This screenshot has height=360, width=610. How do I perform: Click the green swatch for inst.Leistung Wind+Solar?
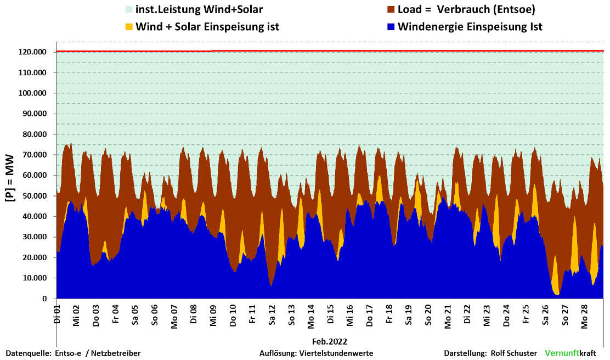tap(129, 9)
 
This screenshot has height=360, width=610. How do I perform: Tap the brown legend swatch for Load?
tap(391, 9)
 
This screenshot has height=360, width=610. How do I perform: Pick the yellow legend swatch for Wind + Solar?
tap(129, 26)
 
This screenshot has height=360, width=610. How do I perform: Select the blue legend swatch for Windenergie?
tap(391, 26)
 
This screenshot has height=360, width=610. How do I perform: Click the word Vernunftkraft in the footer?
tap(571, 353)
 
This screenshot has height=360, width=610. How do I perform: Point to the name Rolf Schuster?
tap(513, 353)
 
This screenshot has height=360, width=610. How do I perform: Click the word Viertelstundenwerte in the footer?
tap(336, 353)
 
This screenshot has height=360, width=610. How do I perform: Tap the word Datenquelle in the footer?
tap(27, 353)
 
